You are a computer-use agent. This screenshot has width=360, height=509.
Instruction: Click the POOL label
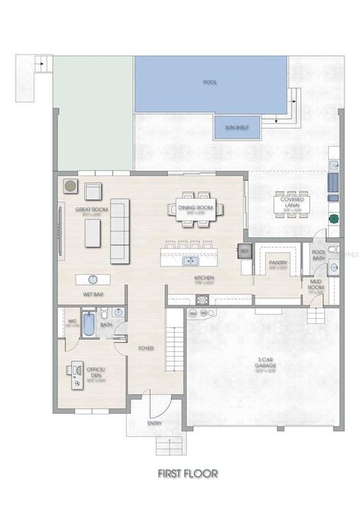[210, 83]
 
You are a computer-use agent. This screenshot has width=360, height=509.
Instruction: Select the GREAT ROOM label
[86, 211]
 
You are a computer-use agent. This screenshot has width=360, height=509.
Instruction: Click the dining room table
[195, 209]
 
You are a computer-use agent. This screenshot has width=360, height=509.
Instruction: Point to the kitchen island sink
[190, 261]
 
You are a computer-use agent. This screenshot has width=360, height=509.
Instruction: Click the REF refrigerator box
[245, 251]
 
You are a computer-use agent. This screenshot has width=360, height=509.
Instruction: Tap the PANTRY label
[277, 263]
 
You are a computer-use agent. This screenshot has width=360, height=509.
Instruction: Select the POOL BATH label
[318, 255]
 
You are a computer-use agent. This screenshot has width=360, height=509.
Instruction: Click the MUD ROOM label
[315, 285]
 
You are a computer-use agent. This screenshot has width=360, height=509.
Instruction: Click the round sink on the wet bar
[95, 278]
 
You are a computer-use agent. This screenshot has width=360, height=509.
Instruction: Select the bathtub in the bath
[88, 324]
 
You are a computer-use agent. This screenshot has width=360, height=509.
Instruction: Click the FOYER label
[146, 348]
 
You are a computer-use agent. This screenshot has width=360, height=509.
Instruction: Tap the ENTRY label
[154, 423]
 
